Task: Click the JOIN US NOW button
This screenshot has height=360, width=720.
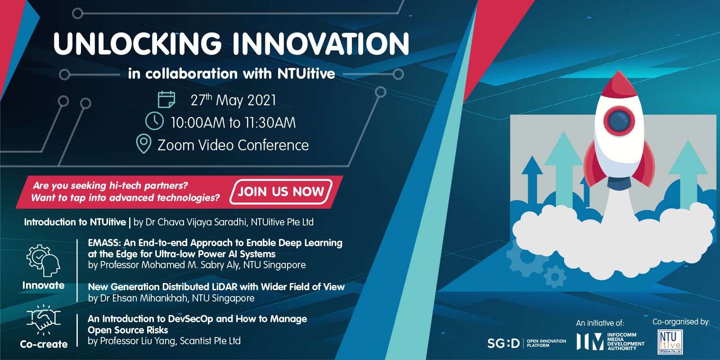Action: click(281, 192)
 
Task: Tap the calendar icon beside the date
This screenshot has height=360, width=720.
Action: click(166, 99)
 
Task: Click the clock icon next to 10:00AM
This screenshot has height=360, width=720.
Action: click(155, 121)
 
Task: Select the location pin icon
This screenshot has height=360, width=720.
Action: click(144, 144)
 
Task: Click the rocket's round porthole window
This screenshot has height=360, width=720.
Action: click(619, 121)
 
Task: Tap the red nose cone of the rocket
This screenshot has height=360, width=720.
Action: click(619, 85)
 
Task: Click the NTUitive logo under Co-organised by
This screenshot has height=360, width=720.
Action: click(670, 342)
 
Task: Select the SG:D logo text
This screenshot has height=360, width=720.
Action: click(504, 343)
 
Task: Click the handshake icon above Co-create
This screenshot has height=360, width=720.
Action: click(43, 319)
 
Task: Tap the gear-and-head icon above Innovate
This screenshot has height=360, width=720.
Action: click(43, 261)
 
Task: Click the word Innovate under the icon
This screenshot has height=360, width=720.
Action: click(43, 285)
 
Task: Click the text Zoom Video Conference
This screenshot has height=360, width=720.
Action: click(233, 145)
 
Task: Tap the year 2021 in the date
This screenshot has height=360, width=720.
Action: click(261, 100)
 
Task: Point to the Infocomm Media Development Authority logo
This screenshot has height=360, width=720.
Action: click(610, 342)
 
